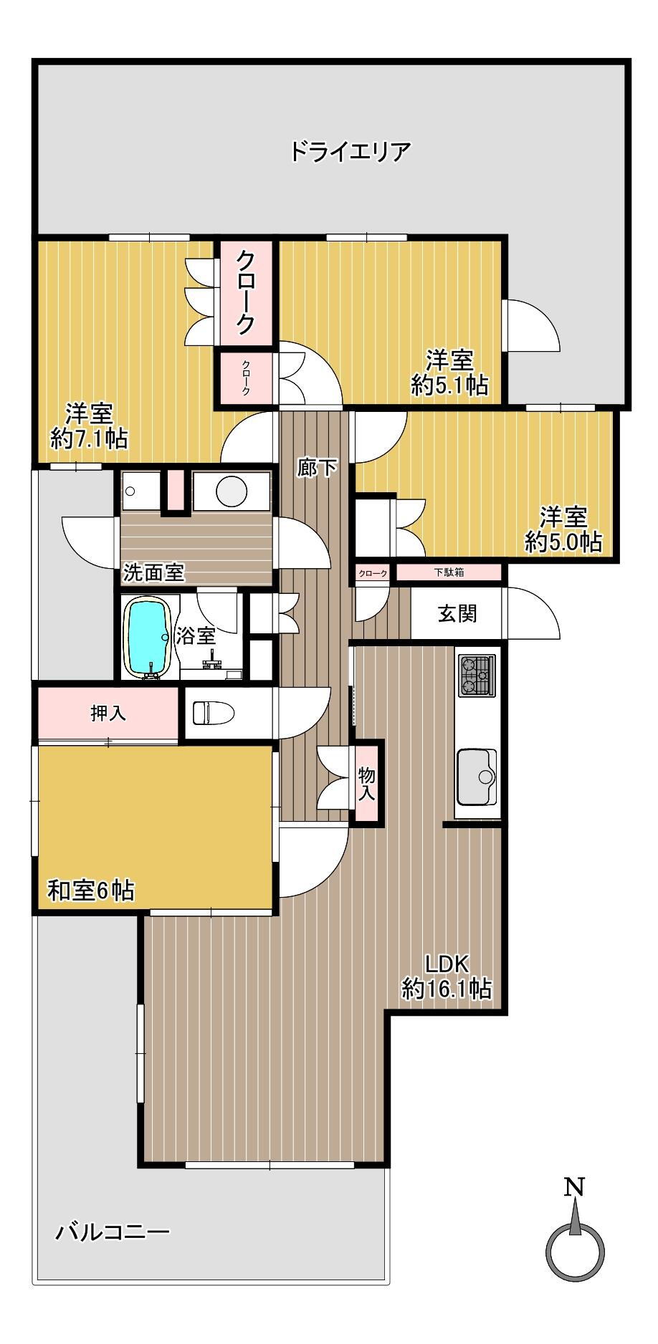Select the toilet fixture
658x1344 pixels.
click(x=214, y=713)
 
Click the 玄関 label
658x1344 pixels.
click(x=457, y=613)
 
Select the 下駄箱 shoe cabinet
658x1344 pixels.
click(x=448, y=572)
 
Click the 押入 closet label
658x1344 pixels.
click(x=108, y=713)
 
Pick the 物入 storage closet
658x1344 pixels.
click(x=366, y=783)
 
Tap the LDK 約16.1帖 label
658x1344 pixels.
click(x=447, y=976)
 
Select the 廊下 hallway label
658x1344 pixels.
click(x=318, y=468)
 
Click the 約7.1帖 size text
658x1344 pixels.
click(x=89, y=438)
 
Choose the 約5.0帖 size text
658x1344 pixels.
click(x=563, y=542)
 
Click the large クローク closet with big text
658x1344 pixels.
click(x=246, y=292)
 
